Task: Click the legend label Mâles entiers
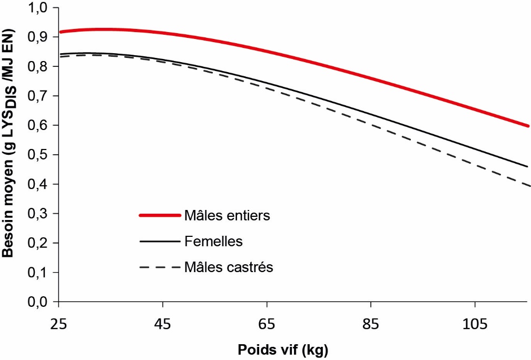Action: (227, 215)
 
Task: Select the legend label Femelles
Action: (213, 242)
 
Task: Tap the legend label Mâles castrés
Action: (229, 267)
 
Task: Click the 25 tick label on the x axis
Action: (59, 323)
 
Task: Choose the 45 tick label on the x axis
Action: (163, 323)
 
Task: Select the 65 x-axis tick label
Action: (268, 323)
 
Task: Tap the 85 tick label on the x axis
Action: (371, 323)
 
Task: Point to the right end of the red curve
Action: (527, 126)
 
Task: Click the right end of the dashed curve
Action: (527, 185)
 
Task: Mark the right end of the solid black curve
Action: (527, 167)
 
